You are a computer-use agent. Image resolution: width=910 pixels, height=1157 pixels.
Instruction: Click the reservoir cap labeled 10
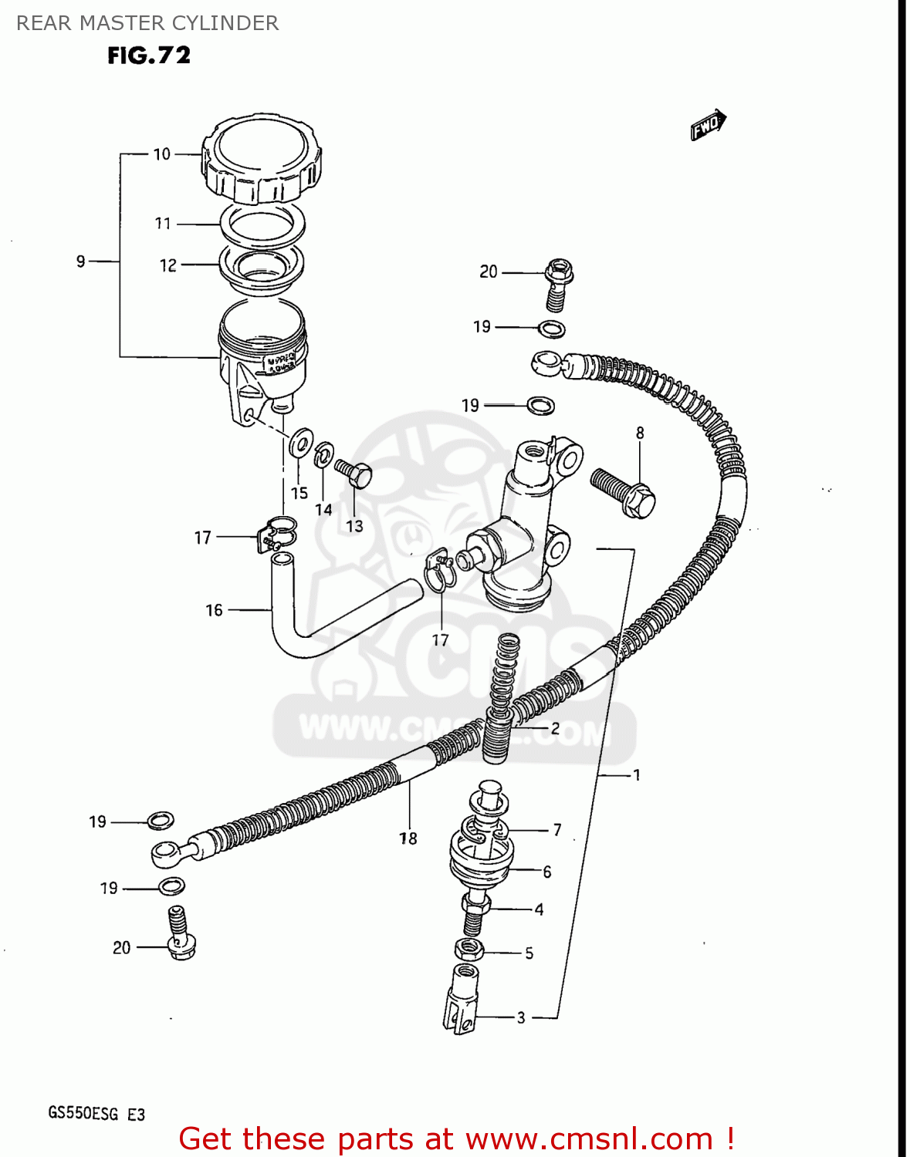261,160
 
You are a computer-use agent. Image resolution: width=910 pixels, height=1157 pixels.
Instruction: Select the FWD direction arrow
708,125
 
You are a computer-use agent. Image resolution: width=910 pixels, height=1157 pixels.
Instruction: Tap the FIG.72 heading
149,56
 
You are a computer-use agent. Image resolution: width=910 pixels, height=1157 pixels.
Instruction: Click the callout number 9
81,261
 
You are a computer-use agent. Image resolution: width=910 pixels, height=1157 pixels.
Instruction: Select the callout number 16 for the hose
214,610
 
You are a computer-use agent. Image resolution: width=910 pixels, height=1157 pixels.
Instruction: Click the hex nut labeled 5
469,950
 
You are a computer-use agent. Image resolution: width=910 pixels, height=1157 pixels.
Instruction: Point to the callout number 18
408,838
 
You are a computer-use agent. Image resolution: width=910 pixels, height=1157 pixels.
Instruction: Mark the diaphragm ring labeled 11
262,224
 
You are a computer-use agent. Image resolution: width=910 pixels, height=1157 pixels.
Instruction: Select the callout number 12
168,265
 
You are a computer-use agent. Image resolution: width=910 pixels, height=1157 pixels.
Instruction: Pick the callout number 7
557,830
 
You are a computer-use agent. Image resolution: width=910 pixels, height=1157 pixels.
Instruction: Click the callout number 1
637,774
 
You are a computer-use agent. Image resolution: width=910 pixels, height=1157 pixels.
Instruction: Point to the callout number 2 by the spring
555,727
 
